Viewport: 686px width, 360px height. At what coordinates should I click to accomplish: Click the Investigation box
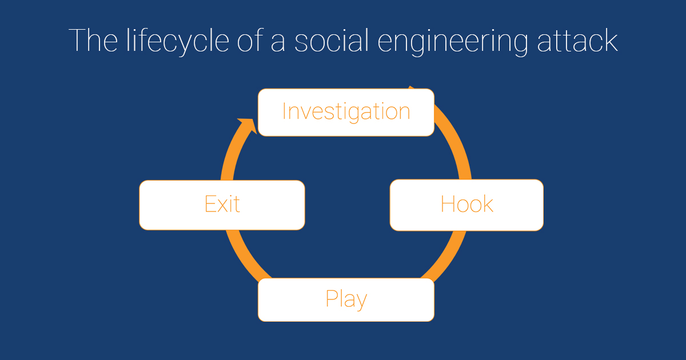(346, 113)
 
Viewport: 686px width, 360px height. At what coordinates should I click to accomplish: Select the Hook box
(466, 205)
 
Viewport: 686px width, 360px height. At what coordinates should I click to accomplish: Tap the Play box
(346, 299)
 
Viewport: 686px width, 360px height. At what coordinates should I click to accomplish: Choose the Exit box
(222, 205)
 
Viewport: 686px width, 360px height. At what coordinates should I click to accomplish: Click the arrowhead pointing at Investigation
(249, 125)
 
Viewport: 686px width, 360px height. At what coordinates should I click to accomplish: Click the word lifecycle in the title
(178, 41)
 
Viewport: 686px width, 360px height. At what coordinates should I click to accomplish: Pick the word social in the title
(332, 41)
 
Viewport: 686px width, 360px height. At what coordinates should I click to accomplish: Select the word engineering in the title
(453, 42)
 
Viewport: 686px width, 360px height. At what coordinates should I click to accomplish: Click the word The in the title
(93, 41)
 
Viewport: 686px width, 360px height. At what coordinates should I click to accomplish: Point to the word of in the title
(250, 41)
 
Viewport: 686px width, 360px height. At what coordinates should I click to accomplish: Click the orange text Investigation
(346, 112)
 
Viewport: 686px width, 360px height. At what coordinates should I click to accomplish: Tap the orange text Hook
(466, 203)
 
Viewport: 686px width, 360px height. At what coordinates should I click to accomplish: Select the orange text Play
(346, 299)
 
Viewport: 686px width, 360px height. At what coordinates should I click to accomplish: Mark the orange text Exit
(222, 203)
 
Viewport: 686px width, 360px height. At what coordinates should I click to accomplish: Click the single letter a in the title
(278, 43)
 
